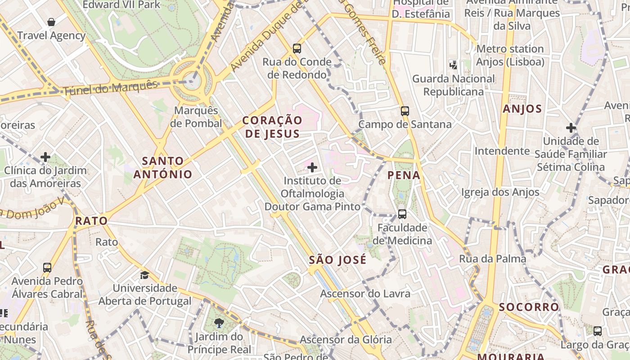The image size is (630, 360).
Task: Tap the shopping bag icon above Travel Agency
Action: coord(51,22)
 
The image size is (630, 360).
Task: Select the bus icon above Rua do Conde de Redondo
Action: coord(297,48)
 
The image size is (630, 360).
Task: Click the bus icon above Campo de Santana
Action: coord(405,111)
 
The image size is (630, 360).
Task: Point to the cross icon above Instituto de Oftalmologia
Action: coord(312,168)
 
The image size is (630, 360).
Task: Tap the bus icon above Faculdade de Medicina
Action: coord(402,214)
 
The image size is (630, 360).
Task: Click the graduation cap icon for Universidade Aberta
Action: coord(144,275)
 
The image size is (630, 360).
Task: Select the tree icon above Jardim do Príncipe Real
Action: coord(219,323)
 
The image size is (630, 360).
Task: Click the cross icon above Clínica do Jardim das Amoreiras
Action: coord(45,157)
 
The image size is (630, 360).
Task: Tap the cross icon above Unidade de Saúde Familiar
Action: coord(571,128)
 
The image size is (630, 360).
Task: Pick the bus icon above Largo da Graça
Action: coord(598,331)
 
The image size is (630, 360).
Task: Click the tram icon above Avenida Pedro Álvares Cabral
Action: coord(47,268)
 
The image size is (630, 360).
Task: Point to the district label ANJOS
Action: coord(522,109)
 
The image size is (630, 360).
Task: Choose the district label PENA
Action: coord(404,175)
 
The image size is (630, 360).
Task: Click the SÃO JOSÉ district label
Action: coord(338,260)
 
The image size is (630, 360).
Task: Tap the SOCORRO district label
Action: coord(529,307)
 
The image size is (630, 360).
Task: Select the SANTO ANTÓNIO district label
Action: coord(163,167)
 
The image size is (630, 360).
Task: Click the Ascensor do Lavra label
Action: coord(365,294)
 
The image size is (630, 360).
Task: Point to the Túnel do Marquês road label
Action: coord(110,88)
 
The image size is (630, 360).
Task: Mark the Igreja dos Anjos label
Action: coord(500,192)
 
